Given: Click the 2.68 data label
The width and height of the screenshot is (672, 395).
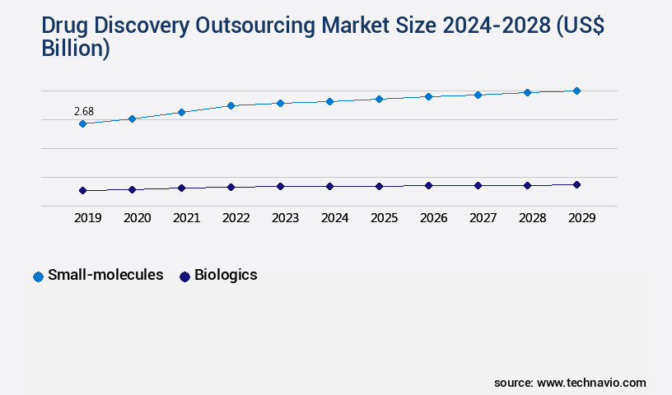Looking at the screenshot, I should pos(83,111).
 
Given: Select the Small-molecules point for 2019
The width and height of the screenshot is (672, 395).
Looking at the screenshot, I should pos(82,123).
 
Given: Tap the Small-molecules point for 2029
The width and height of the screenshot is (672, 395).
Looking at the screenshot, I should pos(576,91).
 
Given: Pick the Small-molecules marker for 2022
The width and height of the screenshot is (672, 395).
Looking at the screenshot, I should pos(231,105).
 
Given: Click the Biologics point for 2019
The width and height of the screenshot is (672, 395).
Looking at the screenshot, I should pos(82,190).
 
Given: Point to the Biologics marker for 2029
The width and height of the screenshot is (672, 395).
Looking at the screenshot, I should pos(576,184).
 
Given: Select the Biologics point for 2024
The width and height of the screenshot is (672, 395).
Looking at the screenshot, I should pos(329,186).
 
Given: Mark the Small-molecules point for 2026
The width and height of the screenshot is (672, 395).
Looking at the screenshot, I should pos(428,96).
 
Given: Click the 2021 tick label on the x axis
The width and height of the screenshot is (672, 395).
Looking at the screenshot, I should pos(186,218).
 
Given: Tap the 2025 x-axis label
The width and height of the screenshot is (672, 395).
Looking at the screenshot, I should pos(384,218).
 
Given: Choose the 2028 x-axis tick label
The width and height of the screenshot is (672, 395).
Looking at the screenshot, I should pos(532,218).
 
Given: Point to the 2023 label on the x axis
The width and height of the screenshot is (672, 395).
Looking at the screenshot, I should pos(285,218).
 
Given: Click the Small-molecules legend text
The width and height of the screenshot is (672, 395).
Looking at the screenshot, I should pos(105,275).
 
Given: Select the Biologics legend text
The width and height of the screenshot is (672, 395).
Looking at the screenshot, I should pos(226,275).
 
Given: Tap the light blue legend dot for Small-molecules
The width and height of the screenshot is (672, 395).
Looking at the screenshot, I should pos(38,276).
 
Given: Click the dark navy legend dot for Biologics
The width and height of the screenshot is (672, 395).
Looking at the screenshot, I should pos(184,276).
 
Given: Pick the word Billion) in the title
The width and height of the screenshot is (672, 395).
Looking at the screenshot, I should pos(76,49).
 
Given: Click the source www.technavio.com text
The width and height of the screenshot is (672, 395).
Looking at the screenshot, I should pos(570,383).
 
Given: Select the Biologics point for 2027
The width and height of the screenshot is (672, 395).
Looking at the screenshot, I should pos(478,185).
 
